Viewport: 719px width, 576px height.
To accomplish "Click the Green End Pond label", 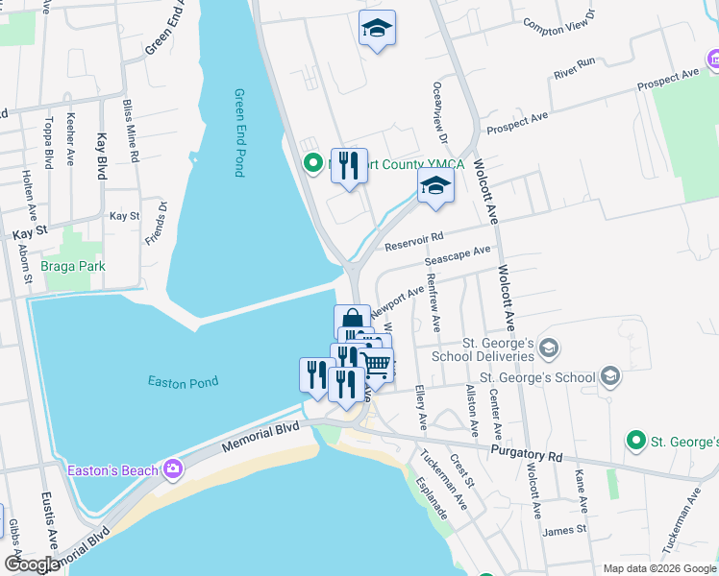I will (239, 132).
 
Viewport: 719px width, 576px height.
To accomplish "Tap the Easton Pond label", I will (183, 382).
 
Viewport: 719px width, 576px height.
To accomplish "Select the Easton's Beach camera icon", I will (173, 468).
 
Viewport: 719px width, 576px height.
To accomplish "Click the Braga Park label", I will (72, 266).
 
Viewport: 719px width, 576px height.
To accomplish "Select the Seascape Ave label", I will (458, 257).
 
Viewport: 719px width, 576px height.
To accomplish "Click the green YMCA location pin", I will (311, 164).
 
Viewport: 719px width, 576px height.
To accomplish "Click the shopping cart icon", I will (376, 364).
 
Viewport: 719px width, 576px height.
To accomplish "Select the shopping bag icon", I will (352, 320).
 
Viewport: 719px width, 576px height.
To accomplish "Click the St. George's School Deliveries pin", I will (549, 348).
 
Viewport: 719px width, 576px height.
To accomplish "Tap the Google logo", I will (32, 564).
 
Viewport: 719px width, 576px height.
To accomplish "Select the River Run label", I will (575, 68).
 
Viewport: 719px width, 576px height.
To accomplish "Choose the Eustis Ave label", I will (49, 518).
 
